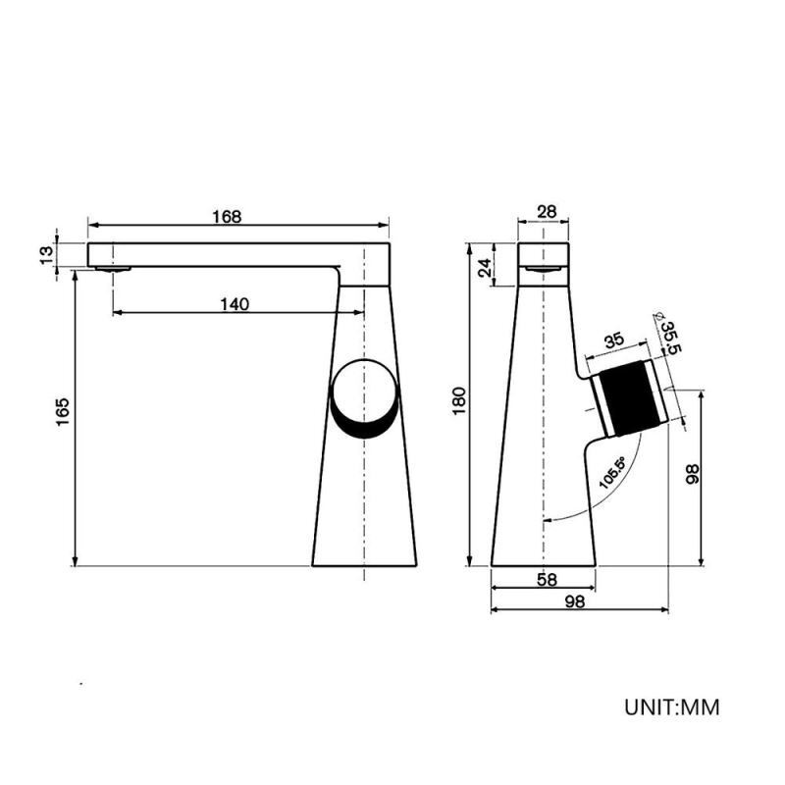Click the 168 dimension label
coord(227,217)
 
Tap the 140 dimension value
coord(235,304)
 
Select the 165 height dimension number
coord(63,411)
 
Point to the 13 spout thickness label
coord(46,255)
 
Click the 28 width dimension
coord(547,212)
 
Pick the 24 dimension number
coord(484,268)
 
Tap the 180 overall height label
coord(459,400)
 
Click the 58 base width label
coord(547,579)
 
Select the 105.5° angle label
coord(612,473)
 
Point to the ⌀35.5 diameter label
coord(668,334)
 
